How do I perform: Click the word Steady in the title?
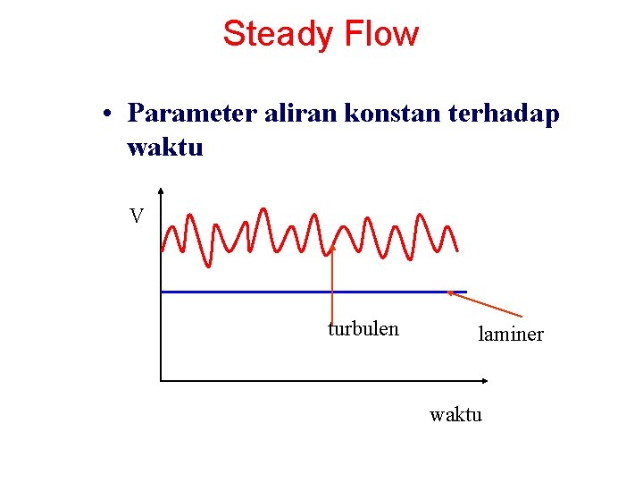276,34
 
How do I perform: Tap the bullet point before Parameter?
106,114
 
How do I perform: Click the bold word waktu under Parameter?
165,147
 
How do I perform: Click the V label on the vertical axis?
137,216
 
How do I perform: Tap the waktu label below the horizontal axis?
455,414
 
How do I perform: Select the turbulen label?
363,329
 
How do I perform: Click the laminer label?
511,335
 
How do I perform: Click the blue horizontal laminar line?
268,292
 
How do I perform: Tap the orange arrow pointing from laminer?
487,303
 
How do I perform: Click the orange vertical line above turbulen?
332,286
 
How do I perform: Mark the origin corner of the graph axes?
161,380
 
